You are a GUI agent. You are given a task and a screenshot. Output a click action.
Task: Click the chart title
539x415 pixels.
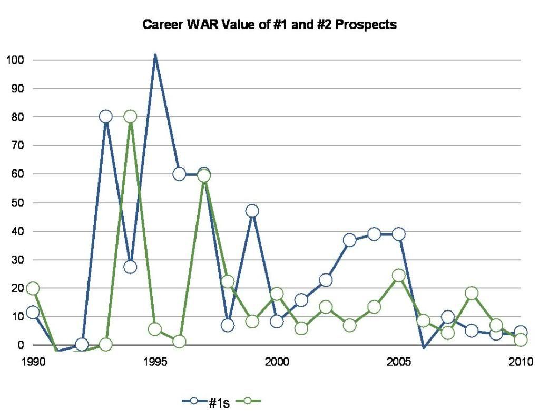coord(269,25)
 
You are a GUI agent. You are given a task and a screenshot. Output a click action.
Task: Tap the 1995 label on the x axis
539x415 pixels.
coord(155,362)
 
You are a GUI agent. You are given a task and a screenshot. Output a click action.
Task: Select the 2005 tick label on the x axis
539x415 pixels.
coord(399,362)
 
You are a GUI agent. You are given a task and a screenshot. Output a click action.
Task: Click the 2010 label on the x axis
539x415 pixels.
coord(521,362)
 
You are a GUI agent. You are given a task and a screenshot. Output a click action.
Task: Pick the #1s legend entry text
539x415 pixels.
coord(219,402)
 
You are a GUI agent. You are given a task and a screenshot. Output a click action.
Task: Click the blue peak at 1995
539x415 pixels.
coord(155,55)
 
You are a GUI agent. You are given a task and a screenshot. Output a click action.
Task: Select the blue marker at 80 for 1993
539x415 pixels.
coord(106,117)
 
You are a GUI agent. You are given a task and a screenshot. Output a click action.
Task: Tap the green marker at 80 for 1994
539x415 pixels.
coord(130,117)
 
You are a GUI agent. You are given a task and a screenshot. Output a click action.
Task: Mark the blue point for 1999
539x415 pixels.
coord(252,211)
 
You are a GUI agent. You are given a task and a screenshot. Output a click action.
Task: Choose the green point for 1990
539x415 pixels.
coord(33,288)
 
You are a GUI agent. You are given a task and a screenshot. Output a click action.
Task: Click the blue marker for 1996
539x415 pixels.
coord(179,174)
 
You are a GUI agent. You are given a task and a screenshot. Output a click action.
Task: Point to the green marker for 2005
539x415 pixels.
coord(399,275)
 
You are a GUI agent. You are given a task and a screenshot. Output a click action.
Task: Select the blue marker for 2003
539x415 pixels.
coord(350,240)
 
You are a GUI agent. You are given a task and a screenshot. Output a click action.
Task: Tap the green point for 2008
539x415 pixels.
coord(472,293)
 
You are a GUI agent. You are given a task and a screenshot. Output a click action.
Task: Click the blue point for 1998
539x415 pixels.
coord(228,325)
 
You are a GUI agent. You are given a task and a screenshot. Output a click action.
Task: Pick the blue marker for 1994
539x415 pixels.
coord(130,267)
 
